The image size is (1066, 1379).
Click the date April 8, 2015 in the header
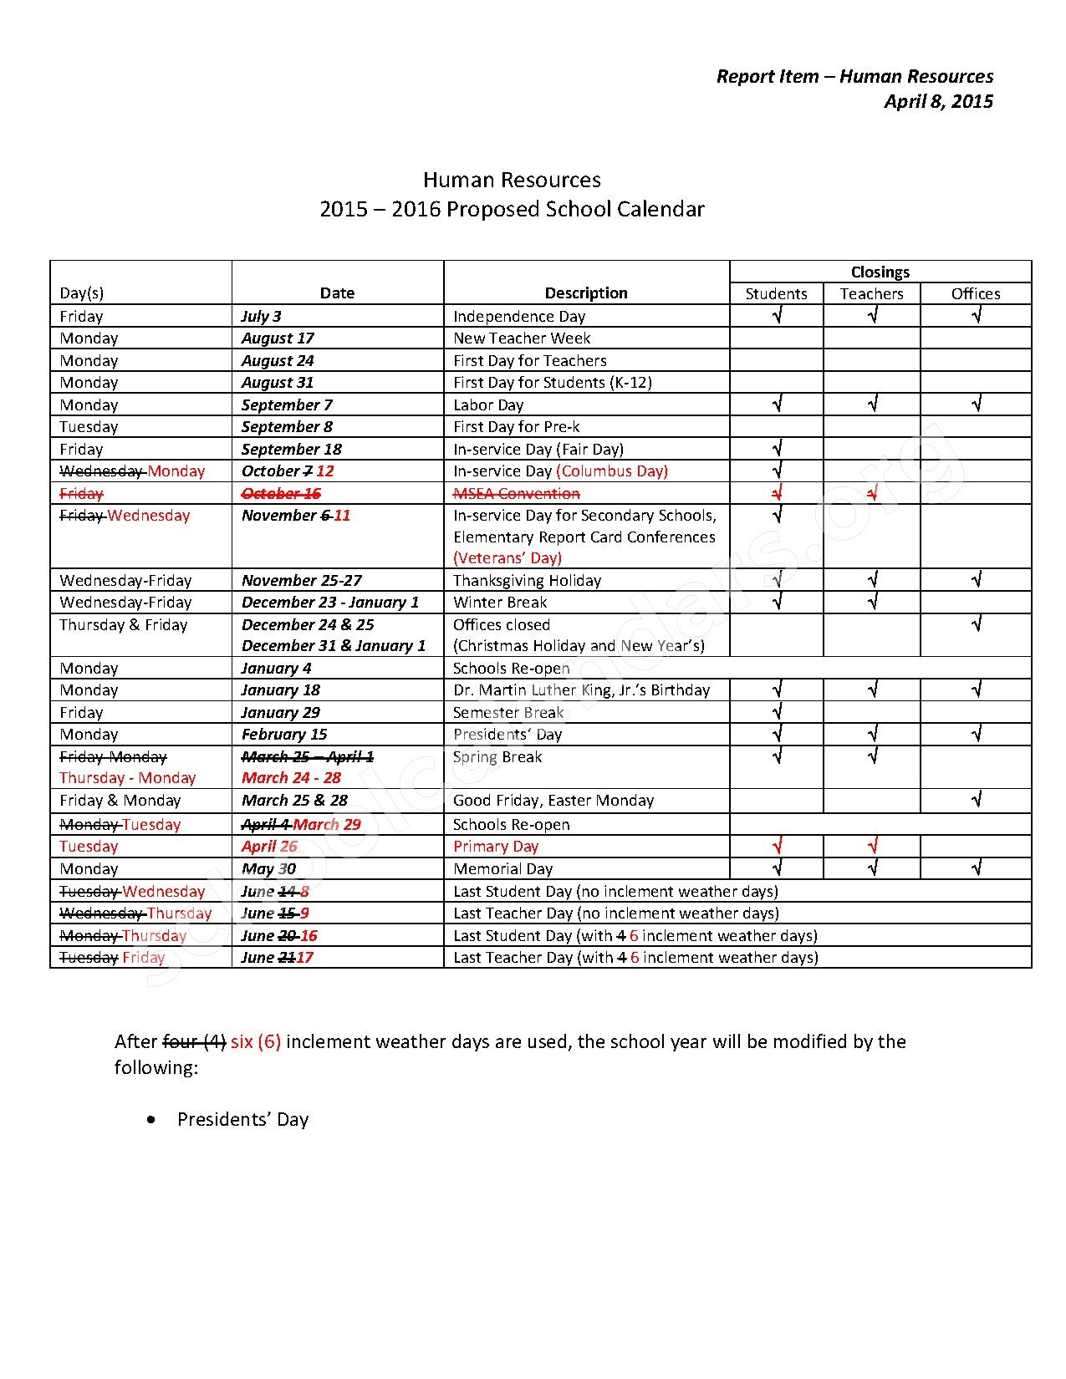tap(938, 101)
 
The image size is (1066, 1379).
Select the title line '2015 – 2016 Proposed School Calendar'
tap(512, 209)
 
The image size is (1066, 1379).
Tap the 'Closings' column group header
tap(880, 272)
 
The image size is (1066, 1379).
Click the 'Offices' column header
tap(975, 293)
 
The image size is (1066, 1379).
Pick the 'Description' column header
tap(586, 293)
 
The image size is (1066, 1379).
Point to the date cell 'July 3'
tap(262, 316)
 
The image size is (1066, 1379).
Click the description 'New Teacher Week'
tap(522, 338)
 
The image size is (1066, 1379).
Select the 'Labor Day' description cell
tap(488, 405)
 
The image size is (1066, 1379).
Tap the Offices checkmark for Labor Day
tap(976, 405)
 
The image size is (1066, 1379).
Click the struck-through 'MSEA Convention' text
tap(516, 493)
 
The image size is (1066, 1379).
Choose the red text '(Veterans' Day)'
tap(507, 557)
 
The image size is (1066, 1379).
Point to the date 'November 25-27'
tap(302, 580)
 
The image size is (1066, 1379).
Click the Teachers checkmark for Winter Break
tap(872, 602)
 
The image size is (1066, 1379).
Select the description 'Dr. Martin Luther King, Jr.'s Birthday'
tap(581, 689)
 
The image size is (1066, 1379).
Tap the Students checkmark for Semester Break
tap(777, 712)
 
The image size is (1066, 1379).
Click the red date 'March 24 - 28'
tap(292, 777)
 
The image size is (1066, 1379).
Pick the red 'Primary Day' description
tap(496, 846)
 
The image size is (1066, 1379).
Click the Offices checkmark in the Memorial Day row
tap(976, 868)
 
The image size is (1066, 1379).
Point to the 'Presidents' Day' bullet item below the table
tap(242, 1119)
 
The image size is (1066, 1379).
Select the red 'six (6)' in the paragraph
tap(256, 1041)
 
